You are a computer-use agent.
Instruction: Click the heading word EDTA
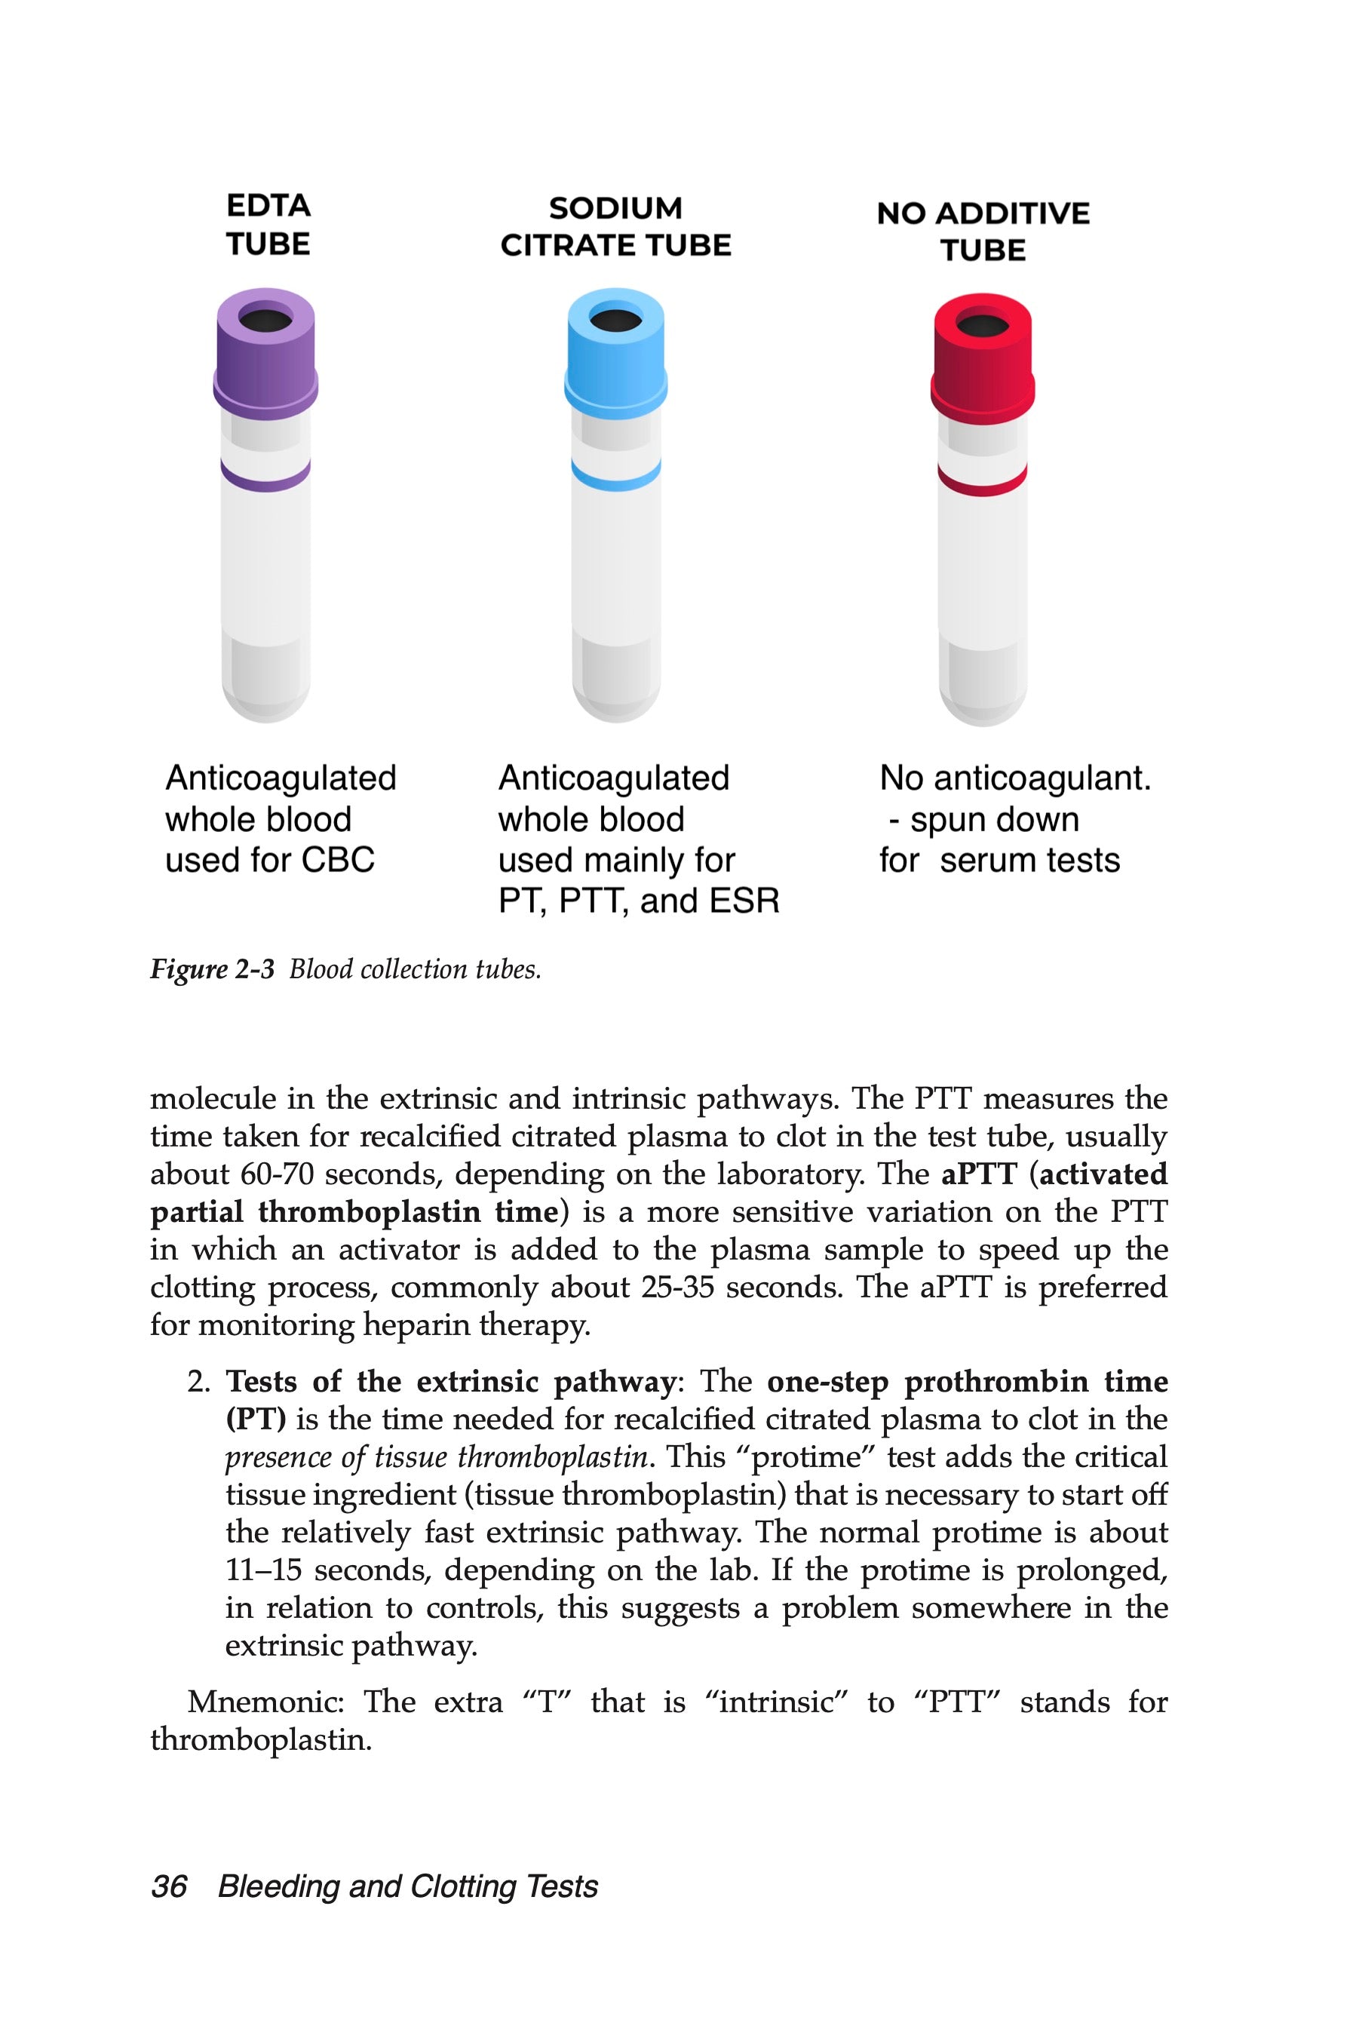pyautogui.click(x=268, y=206)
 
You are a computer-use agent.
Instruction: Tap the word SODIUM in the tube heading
pyautogui.click(x=615, y=208)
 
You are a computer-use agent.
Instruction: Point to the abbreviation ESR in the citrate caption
pyautogui.click(x=744, y=901)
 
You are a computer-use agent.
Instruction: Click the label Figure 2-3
pyautogui.click(x=212, y=969)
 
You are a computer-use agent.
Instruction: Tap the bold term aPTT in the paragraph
pyautogui.click(x=978, y=1174)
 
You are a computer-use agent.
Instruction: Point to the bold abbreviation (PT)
pyautogui.click(x=256, y=1420)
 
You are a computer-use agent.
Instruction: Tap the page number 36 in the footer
pyautogui.click(x=170, y=1886)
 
